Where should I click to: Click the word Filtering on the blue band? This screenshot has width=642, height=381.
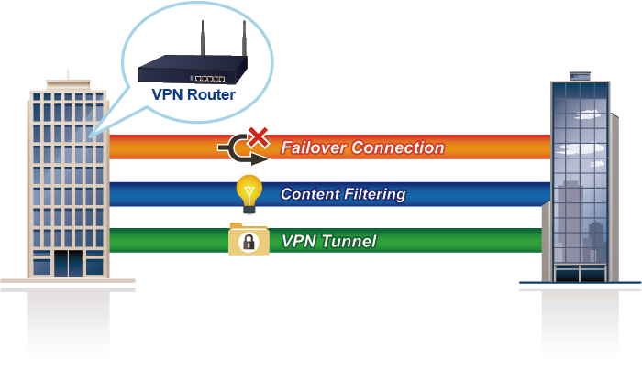point(375,194)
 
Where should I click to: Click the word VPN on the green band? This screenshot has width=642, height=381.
point(299,242)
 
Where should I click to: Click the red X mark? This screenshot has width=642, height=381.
point(260,137)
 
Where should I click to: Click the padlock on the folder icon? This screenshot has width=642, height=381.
point(246,243)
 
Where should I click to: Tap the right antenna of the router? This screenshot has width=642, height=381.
point(245,42)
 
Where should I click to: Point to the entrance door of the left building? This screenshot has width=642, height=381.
point(67,263)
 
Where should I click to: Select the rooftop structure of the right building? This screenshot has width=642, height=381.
point(580,74)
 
